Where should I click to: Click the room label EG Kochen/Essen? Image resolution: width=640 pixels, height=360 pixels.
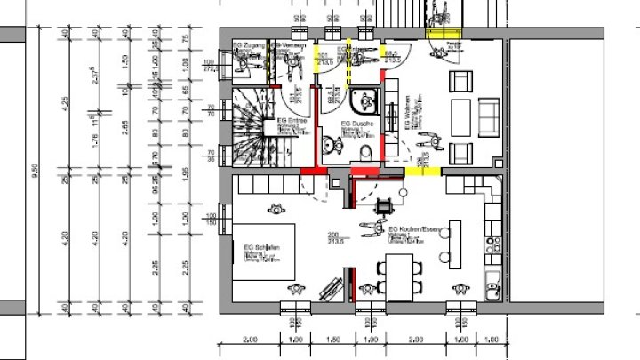tap(410, 229)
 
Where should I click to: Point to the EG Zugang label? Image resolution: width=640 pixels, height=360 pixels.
tap(247, 44)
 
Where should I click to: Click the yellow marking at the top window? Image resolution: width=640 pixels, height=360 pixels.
tap(446, 33)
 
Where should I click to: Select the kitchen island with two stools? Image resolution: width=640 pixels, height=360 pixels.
tap(453, 244)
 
